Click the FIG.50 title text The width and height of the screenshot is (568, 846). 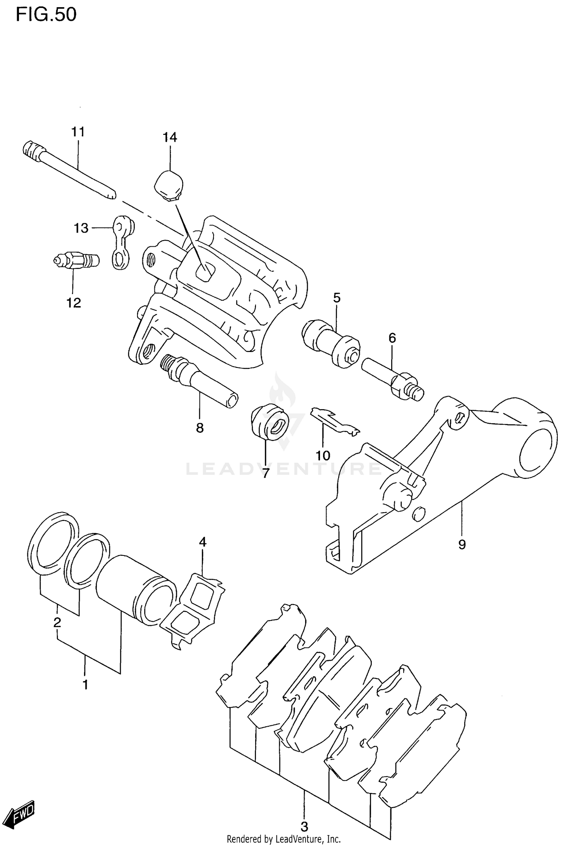46,15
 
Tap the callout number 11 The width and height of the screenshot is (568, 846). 78,132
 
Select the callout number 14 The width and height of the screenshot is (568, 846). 170,137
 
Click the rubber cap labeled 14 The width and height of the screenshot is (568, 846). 169,185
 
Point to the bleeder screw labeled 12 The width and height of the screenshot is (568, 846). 76,261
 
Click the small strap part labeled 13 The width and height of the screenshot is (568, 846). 123,242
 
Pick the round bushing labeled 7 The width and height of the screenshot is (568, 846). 270,422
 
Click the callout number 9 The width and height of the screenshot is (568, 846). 462,545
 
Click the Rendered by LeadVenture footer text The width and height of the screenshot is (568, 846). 284,839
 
